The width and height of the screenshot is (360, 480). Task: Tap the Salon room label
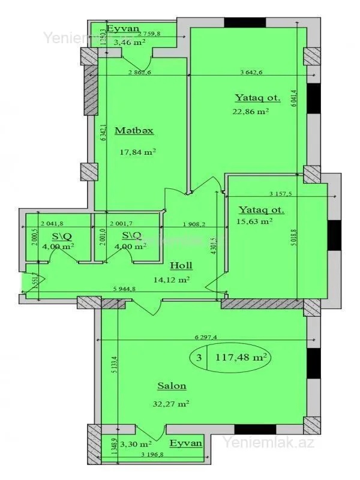click(172, 386)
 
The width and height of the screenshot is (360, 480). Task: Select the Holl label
click(181, 265)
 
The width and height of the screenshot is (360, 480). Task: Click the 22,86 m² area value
click(250, 111)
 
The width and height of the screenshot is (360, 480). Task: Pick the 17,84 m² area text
click(137, 152)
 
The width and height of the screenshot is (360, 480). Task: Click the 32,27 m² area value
click(172, 404)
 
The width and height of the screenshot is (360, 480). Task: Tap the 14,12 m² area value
click(173, 279)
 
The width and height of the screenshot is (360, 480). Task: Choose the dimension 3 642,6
click(251, 73)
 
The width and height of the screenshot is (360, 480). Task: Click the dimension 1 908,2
click(194, 225)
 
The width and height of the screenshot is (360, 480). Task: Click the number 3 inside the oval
click(199, 357)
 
